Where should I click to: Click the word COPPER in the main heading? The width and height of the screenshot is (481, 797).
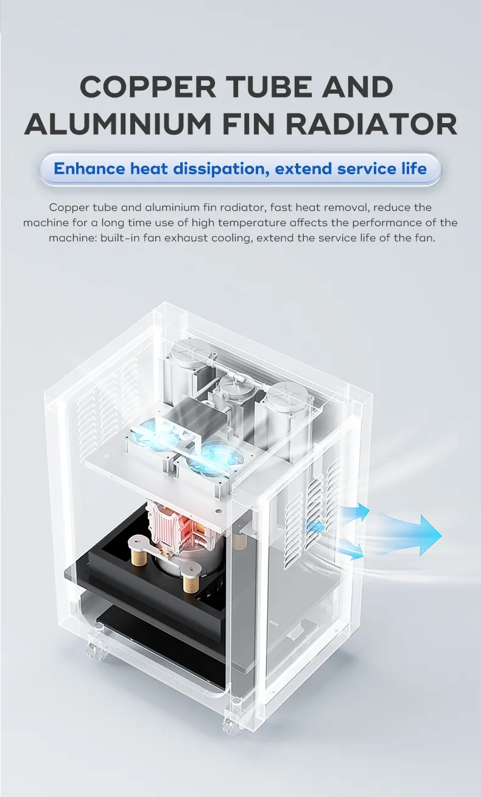point(147,87)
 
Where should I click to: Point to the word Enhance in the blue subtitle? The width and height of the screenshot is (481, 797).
point(90,169)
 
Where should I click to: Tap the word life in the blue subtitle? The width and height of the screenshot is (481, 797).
point(414,169)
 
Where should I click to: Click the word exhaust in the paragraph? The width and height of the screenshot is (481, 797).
point(186,238)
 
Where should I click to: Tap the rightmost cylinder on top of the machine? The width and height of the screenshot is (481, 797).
point(287,420)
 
